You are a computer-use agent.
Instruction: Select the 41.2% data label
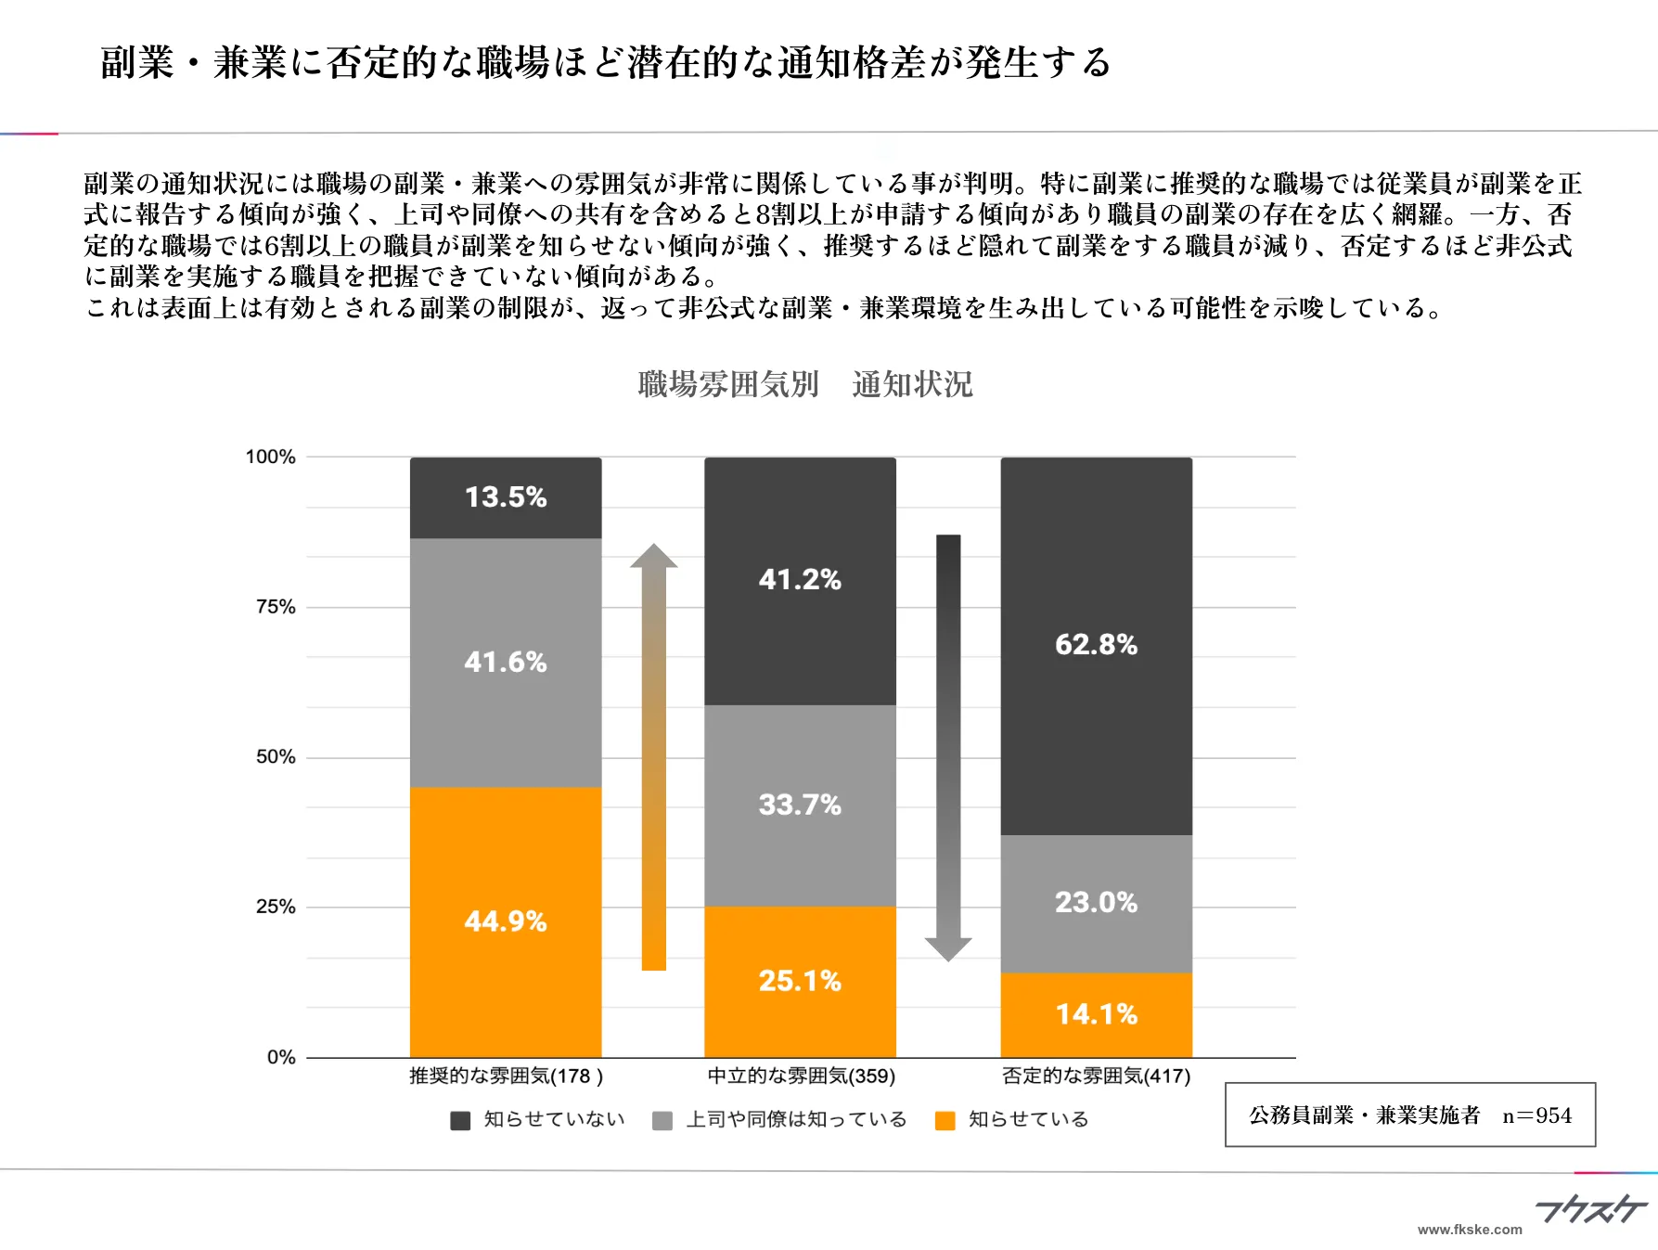[x=800, y=580]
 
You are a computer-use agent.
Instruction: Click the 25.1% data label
[x=800, y=981]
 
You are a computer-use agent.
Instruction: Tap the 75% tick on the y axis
[x=276, y=607]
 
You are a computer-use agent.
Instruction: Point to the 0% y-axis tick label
[x=281, y=1057]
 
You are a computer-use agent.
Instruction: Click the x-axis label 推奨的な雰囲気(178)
[x=506, y=1076]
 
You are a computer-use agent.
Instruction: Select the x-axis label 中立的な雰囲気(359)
[x=801, y=1076]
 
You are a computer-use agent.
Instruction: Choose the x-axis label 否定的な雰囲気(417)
[x=1096, y=1076]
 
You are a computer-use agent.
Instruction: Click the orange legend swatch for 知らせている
[x=945, y=1121]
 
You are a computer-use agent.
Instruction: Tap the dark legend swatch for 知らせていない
[x=460, y=1121]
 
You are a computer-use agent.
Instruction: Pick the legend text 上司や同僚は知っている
[x=796, y=1120]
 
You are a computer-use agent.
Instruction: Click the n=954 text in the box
[x=1536, y=1115]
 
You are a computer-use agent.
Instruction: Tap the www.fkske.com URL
[x=1470, y=1230]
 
